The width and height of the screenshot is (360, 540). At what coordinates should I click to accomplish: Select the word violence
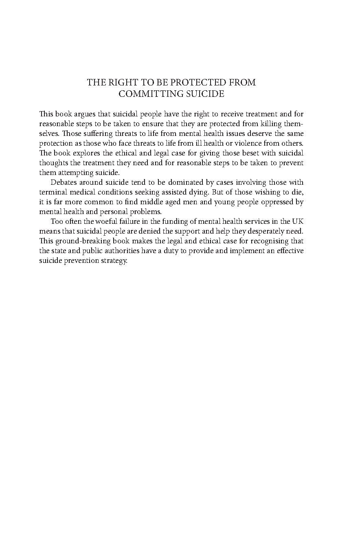[257, 143]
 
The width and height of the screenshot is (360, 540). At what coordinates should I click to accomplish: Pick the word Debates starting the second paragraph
[63, 182]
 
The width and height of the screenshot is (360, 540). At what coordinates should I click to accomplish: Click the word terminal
[52, 192]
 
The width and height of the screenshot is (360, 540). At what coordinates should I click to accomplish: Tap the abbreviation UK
[297, 221]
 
